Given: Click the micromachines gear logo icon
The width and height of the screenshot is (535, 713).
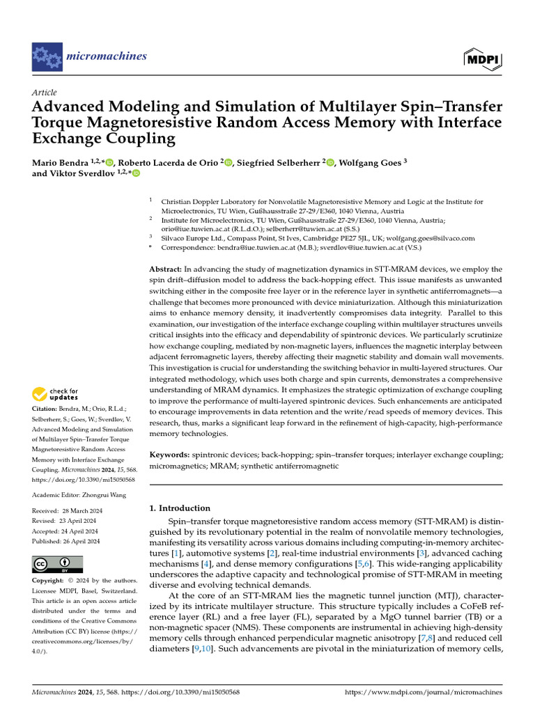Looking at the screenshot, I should (47, 55).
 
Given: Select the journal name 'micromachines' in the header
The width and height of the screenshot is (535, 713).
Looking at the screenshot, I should (107, 56).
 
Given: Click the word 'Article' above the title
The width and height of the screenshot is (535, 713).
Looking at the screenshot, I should (45, 93).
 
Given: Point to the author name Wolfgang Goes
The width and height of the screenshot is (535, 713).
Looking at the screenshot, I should (373, 163).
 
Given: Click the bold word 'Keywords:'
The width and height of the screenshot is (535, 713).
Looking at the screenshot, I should (169, 455).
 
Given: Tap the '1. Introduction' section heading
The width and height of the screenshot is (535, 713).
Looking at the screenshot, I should (180, 508).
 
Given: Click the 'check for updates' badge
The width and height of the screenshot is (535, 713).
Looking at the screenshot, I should (56, 394).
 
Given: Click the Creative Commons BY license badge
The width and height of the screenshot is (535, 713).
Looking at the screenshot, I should (58, 564).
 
